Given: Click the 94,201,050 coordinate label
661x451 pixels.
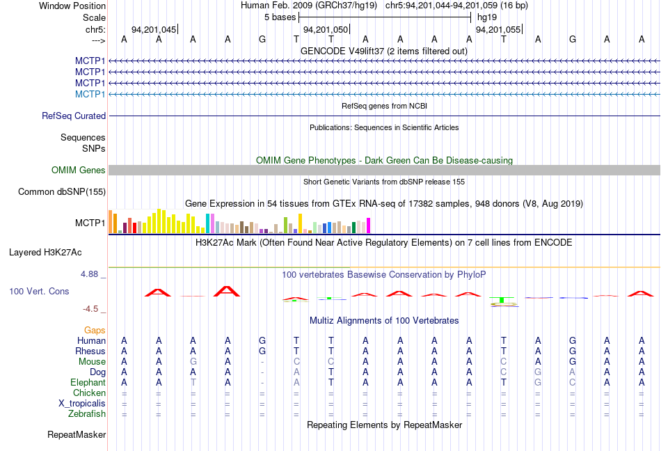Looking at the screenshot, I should pyautogui.click(x=325, y=30).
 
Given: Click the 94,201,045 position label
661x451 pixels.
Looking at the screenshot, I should pyautogui.click(x=153, y=30).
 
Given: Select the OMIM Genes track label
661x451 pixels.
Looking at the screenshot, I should pyautogui.click(x=79, y=171).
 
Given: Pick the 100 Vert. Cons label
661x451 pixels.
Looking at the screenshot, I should pyautogui.click(x=39, y=291).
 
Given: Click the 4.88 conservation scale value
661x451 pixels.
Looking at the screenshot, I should pyautogui.click(x=90, y=274).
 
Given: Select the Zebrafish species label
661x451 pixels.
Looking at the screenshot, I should pyautogui.click(x=88, y=414).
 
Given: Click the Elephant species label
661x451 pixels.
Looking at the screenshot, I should pyautogui.click(x=88, y=383).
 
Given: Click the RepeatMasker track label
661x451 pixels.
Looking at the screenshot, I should pyautogui.click(x=77, y=435).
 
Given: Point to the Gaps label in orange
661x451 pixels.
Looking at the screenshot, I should pyautogui.click(x=95, y=330).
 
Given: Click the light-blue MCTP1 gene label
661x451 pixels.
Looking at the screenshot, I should pyautogui.click(x=90, y=94).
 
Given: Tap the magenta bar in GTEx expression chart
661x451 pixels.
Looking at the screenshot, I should pyautogui.click(x=368, y=225).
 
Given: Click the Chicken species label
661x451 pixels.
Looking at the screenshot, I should pyautogui.click(x=90, y=393).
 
